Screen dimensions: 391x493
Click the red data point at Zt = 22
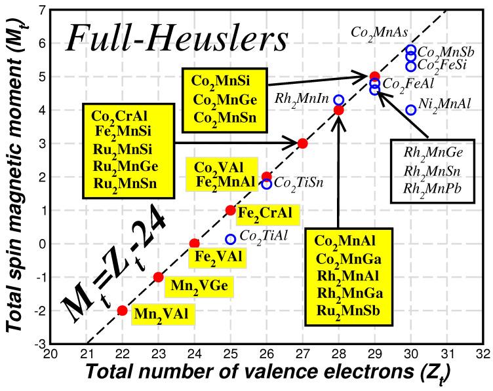(x=122, y=310)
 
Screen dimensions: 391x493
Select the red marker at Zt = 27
(x=302, y=143)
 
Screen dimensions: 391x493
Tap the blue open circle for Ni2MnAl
(x=411, y=110)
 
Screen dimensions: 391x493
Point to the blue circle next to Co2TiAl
(x=230, y=239)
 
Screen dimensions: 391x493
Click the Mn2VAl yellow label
(x=161, y=314)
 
